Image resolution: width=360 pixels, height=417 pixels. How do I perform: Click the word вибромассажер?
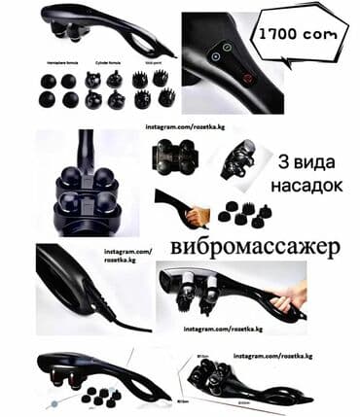coord(253,247)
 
